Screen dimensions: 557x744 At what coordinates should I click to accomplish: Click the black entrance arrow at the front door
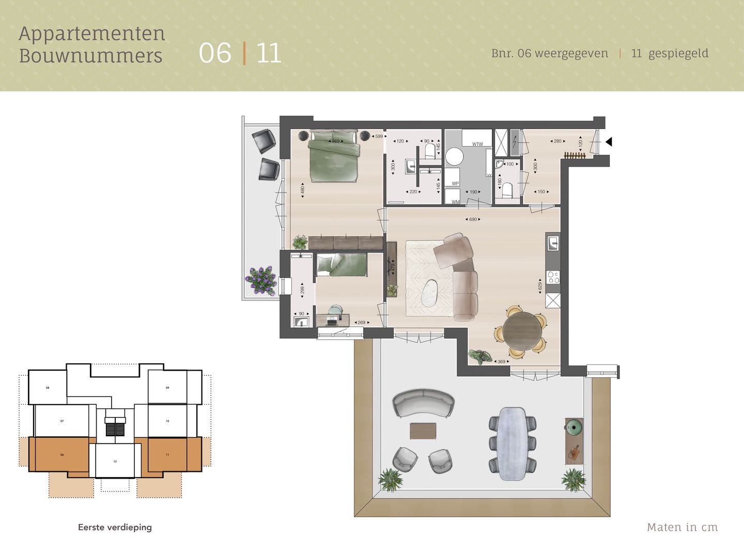tap(609, 141)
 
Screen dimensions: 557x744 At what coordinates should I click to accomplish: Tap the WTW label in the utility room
tap(477, 144)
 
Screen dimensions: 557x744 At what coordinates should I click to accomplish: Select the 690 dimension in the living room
tap(473, 219)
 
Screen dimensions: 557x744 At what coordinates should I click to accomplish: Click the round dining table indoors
tap(523, 331)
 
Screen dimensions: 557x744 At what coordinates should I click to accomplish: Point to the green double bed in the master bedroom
tap(333, 157)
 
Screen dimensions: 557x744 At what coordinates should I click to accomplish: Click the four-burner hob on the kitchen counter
tap(553, 277)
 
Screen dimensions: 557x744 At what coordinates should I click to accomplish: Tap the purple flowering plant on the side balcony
tap(261, 280)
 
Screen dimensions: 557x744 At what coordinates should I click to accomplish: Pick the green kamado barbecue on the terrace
tap(574, 426)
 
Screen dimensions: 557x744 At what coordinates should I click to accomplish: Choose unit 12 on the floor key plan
tap(115, 461)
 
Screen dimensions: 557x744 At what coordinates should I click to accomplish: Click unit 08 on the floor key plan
tap(48, 388)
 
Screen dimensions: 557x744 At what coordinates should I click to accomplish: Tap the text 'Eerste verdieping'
tap(115, 527)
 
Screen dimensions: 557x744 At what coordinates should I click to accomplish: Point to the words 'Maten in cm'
tap(682, 527)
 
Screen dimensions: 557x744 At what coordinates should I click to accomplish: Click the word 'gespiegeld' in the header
tap(678, 53)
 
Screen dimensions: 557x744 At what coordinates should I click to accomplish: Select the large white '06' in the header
tap(215, 53)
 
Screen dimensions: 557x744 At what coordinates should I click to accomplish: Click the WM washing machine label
tap(455, 202)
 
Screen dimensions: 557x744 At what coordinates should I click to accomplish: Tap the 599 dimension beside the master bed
tap(379, 136)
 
